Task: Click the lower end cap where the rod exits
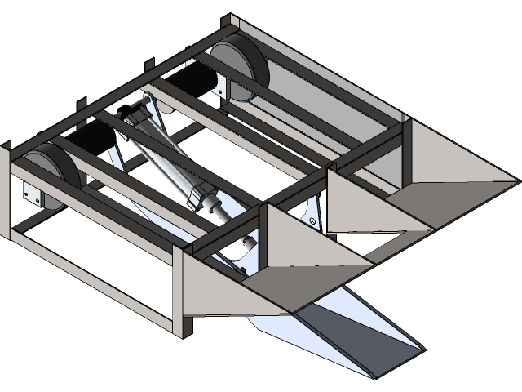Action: (x=208, y=203)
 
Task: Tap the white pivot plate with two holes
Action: (x=311, y=212)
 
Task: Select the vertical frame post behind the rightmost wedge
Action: (x=401, y=155)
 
